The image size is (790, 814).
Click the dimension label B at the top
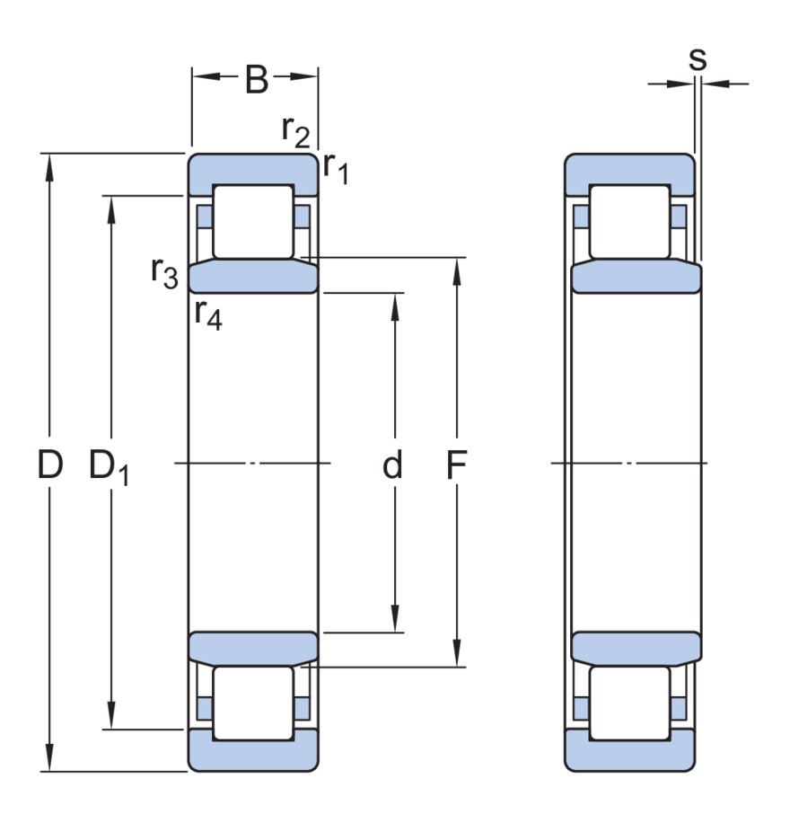[256, 79]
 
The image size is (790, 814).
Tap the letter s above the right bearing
[697, 58]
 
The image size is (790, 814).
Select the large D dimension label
[50, 465]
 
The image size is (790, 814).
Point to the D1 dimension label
[109, 467]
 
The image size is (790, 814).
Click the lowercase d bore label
[392, 465]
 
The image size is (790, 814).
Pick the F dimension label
[458, 465]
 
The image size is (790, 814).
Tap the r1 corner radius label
[336, 167]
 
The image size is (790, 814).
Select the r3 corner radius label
[164, 270]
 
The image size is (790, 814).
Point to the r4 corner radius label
[207, 314]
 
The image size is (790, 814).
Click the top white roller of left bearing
[253, 221]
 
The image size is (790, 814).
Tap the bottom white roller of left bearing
[253, 703]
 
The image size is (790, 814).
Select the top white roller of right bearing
[629, 221]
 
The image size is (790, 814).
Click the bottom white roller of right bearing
[629, 703]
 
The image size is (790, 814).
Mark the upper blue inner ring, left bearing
[253, 276]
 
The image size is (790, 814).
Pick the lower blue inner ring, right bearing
[636, 649]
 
